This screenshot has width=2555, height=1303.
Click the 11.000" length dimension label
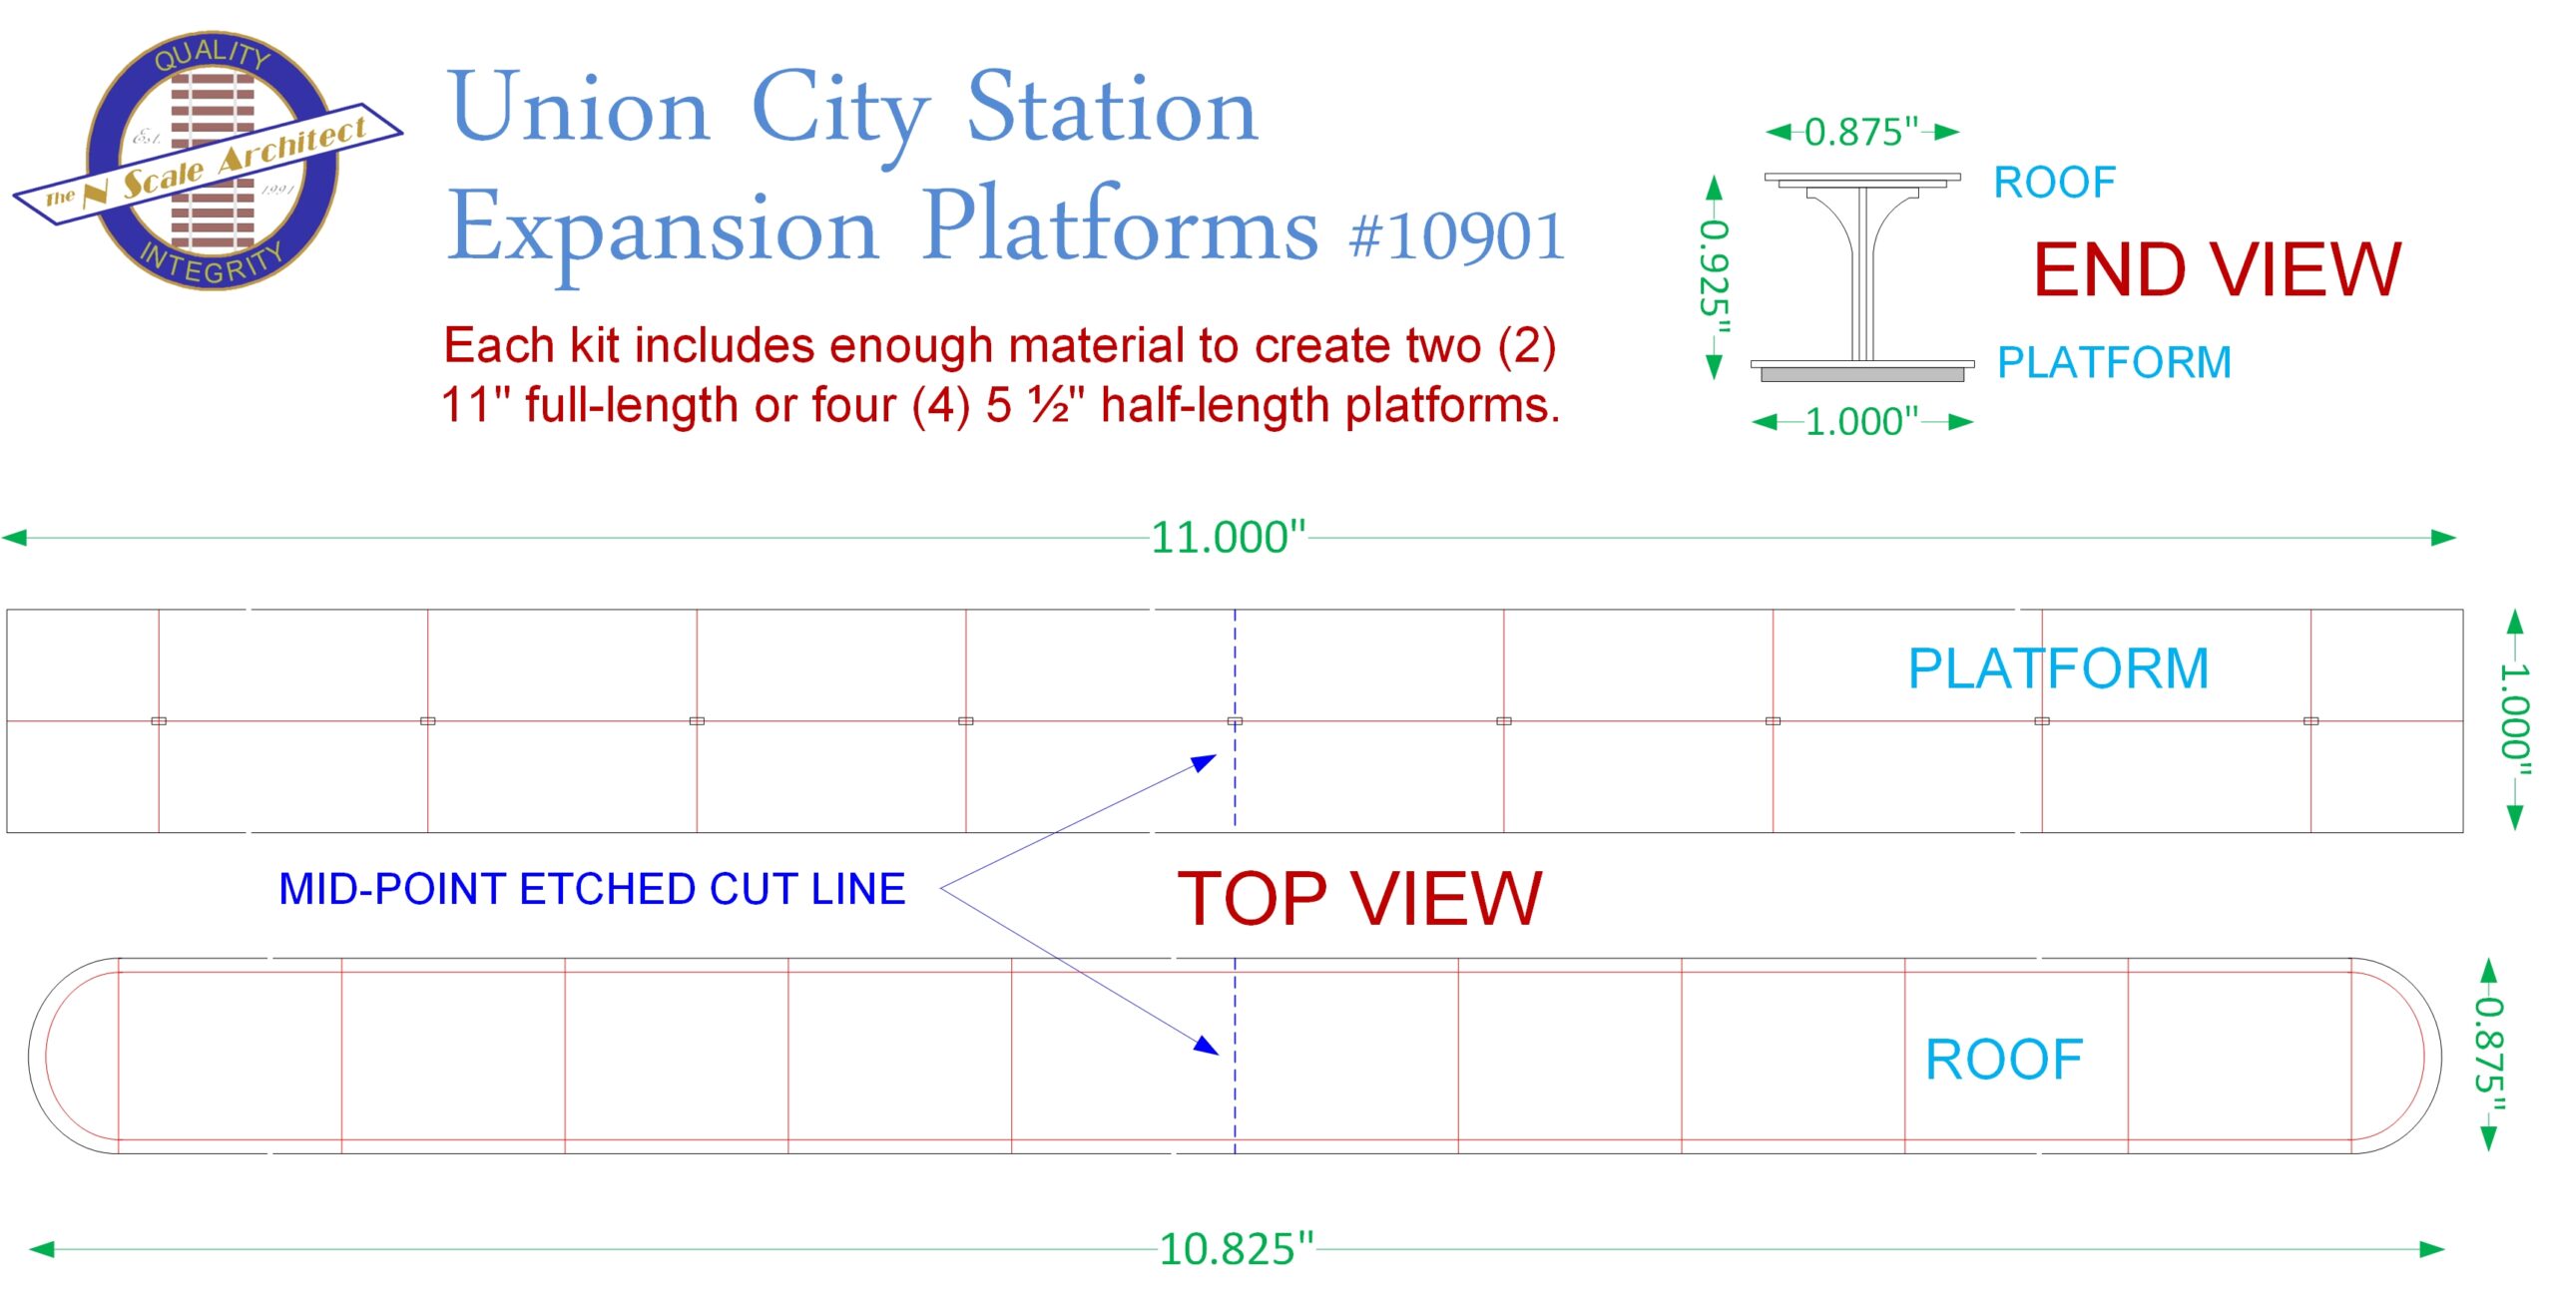[x=1228, y=537]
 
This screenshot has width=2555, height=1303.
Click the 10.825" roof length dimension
[x=1236, y=1248]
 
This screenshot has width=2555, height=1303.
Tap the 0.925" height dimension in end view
[x=1715, y=276]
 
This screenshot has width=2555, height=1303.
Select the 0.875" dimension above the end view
[x=1861, y=132]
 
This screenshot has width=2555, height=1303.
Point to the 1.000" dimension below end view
[x=1862, y=421]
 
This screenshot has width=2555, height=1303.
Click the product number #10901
[x=1456, y=236]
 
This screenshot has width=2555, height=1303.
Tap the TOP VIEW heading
[x=1359, y=898]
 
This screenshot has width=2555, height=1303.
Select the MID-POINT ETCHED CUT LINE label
[x=592, y=889]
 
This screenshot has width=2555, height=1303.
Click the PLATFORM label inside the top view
[x=2058, y=667]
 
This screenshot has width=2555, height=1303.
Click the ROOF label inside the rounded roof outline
[x=2004, y=1059]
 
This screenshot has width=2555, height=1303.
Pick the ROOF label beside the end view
[x=2055, y=183]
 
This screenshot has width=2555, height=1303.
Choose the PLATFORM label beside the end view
[x=2114, y=362]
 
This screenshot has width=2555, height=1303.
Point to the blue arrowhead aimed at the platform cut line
[x=1205, y=763]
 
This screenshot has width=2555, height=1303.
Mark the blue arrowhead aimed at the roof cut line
[x=1207, y=1045]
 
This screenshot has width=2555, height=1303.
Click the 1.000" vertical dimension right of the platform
[x=2515, y=720]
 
